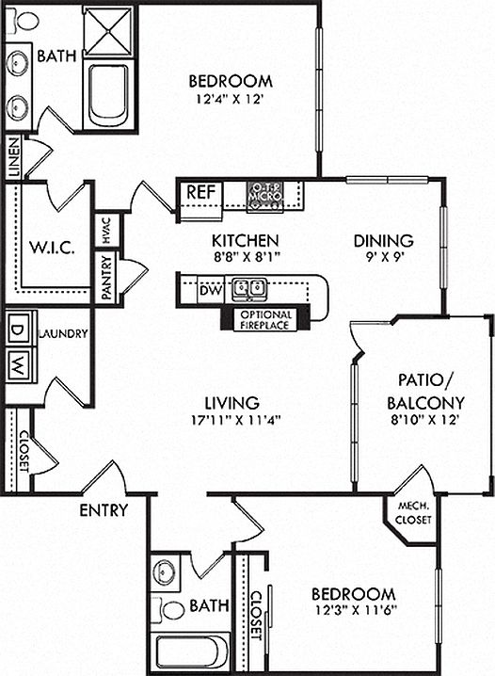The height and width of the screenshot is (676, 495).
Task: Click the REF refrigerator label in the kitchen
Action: [x=200, y=192]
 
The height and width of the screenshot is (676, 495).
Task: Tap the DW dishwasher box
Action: [x=211, y=290]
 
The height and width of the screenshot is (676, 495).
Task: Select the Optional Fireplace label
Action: [x=265, y=320]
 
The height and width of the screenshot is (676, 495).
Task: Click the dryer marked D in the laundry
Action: [x=18, y=330]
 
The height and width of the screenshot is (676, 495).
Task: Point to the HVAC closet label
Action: [x=106, y=231]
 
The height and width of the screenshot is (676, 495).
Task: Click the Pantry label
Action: [x=106, y=277]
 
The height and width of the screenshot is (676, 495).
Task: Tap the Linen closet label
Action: [x=14, y=158]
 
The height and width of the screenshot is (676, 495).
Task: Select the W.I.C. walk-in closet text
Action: [x=52, y=248]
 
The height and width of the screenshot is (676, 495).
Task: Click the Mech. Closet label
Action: [x=413, y=513]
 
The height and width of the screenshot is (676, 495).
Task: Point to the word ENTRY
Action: [x=104, y=510]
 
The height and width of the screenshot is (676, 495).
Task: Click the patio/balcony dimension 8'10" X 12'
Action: [x=424, y=420]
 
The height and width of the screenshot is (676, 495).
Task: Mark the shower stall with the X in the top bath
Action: [x=108, y=31]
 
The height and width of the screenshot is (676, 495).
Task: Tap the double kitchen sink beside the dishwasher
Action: [x=249, y=290]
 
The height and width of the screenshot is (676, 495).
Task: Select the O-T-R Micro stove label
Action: [x=265, y=192]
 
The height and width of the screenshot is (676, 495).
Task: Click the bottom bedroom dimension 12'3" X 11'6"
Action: [x=356, y=609]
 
